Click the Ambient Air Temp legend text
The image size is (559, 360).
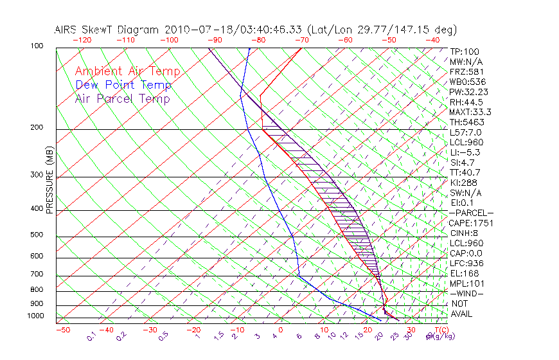(x=127, y=71)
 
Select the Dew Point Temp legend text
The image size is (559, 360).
(x=123, y=85)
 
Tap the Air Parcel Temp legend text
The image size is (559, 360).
(x=122, y=98)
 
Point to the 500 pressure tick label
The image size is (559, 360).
(x=37, y=235)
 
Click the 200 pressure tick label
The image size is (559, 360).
(x=37, y=127)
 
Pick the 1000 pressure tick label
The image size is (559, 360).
(x=35, y=316)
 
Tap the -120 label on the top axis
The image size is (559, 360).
(x=82, y=40)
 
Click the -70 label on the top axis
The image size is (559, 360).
(x=301, y=40)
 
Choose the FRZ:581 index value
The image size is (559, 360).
(x=467, y=71)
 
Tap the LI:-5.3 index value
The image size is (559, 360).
(x=465, y=152)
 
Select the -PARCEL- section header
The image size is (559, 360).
(x=472, y=213)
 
